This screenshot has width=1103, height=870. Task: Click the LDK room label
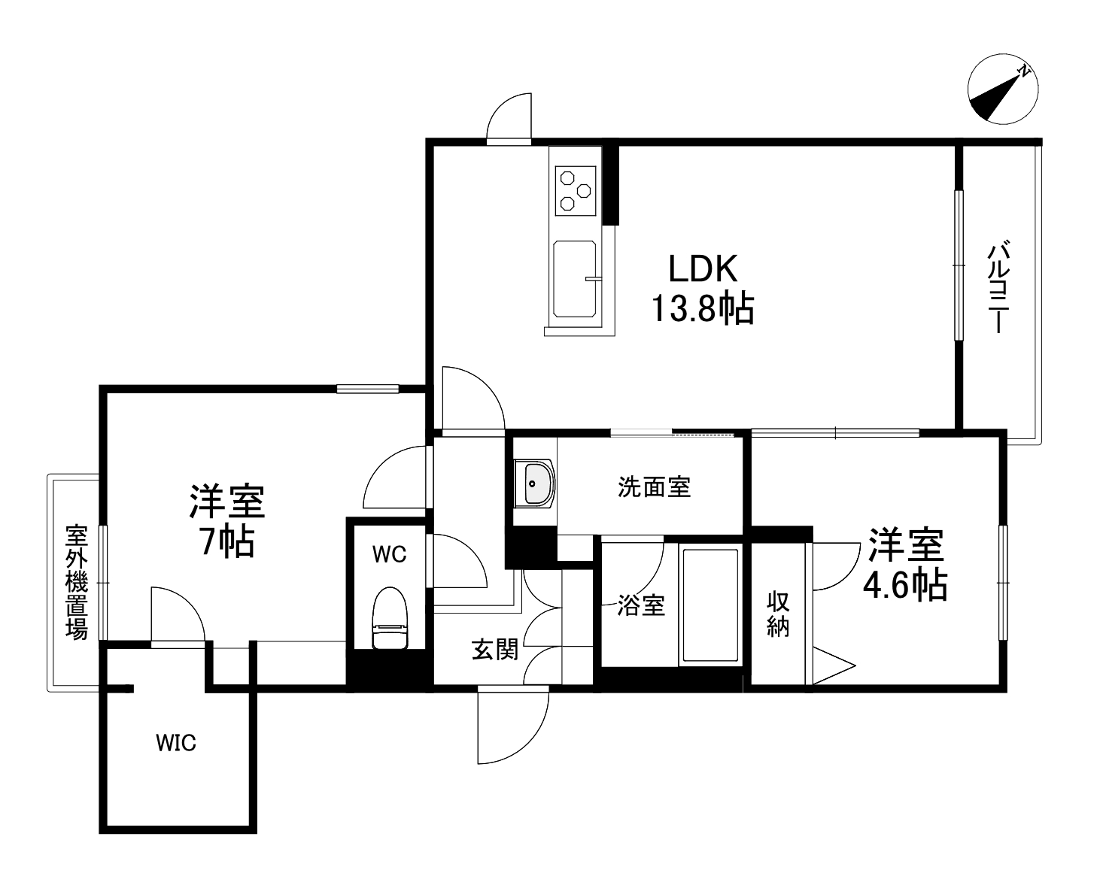[703, 269]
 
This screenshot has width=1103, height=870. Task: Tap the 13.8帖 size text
[702, 308]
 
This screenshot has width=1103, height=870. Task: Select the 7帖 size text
[226, 541]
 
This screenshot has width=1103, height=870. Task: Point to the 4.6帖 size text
[904, 584]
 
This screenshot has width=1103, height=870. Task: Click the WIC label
[176, 743]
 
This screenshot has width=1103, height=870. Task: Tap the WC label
[389, 554]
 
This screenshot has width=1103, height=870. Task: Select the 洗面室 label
[654, 487]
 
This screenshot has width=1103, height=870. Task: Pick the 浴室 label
[641, 605]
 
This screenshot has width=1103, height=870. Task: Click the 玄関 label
[495, 649]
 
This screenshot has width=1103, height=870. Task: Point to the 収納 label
[778, 614]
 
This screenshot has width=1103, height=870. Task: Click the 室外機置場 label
[77, 582]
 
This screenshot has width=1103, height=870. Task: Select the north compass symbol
[1003, 89]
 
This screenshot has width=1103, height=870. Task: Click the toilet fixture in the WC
[390, 618]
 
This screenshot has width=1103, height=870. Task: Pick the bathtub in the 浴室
[710, 605]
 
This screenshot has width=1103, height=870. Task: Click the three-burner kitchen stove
[576, 188]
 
